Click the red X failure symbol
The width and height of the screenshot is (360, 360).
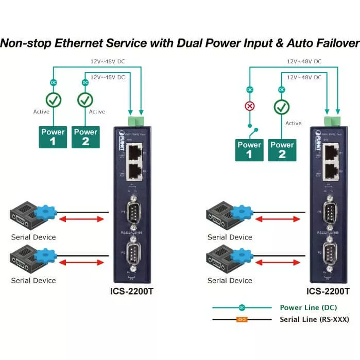pyautogui.click(x=250, y=107)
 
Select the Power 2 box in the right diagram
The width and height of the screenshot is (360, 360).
pyautogui.click(x=282, y=149)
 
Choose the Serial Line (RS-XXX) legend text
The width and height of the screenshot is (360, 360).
pyautogui.click(x=314, y=319)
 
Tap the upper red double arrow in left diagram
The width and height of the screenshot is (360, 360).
pyautogui.click(x=83, y=219)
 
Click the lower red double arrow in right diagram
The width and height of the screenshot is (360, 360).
pyautogui.click(x=279, y=262)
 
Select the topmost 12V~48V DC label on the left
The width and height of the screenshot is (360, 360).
pyautogui.click(x=107, y=62)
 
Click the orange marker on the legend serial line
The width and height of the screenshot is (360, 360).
pyautogui.click(x=242, y=319)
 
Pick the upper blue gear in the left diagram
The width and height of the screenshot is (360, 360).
pyautogui.click(x=45, y=212)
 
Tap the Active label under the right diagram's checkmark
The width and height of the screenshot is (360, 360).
pyautogui.click(x=293, y=123)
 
